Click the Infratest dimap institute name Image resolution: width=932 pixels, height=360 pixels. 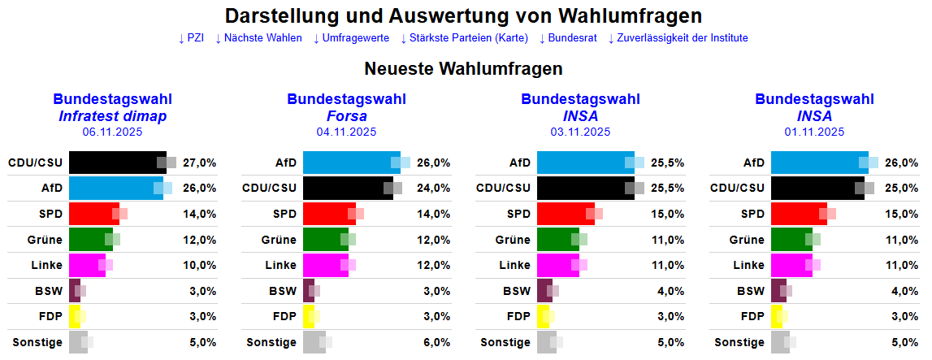[112, 116]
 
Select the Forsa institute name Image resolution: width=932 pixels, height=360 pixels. [346, 116]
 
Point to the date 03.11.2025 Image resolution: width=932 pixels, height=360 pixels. [580, 132]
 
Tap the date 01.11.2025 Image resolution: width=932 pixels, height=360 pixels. [814, 132]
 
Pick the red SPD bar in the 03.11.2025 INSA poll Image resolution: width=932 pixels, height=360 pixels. [565, 214]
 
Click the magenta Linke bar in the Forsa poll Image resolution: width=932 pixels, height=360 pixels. [325, 266]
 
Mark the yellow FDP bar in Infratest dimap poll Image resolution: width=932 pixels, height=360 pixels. [74, 317]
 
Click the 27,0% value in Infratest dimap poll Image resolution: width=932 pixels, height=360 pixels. [200, 163]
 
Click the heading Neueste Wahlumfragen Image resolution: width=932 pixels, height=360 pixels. [463, 69]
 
